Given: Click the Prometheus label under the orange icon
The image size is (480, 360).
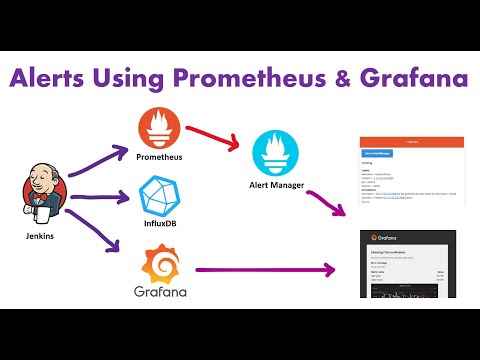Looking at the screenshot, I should point(160,158).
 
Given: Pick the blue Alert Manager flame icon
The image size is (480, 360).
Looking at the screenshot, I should point(275,151).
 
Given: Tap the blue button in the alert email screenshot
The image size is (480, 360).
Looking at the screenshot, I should point(377,153).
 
